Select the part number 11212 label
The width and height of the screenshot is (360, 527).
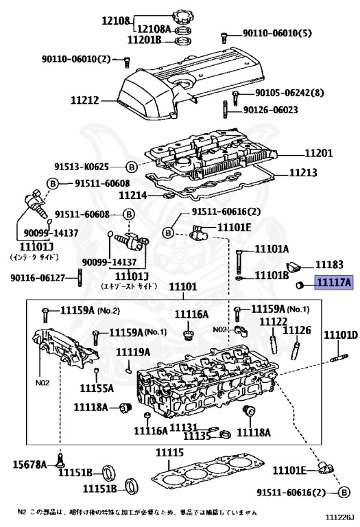click(86, 100)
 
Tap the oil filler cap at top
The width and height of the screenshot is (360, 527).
click(185, 15)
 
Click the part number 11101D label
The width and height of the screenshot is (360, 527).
click(341, 335)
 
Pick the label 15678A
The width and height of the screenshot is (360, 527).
click(29, 465)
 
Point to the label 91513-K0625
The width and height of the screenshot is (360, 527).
click(90, 166)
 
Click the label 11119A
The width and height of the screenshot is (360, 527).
click(132, 352)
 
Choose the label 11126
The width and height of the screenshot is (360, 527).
click(297, 331)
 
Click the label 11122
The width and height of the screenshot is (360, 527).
click(272, 321)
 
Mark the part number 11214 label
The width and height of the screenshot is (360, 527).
click(134, 195)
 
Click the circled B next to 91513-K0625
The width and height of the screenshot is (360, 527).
click(132, 166)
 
